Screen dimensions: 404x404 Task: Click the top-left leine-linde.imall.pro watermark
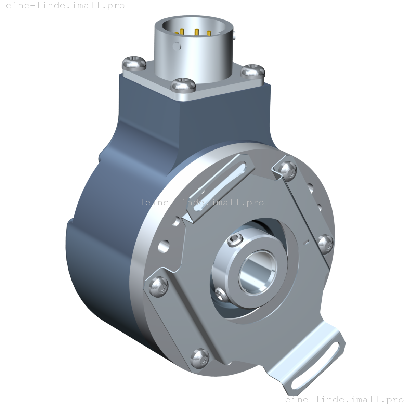click(x=63, y=5)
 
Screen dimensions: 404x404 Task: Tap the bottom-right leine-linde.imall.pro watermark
click(x=341, y=399)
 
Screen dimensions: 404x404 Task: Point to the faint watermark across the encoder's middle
click(x=202, y=203)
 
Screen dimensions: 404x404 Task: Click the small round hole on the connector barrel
click(x=177, y=45)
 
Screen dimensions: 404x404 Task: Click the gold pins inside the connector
click(x=196, y=33)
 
